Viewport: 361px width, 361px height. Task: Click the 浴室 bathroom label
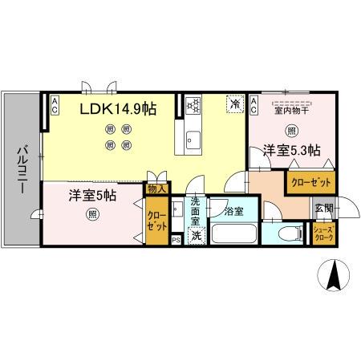(x=233, y=212)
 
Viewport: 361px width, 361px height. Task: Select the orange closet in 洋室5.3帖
(x=309, y=182)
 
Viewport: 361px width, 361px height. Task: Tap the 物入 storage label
(x=157, y=189)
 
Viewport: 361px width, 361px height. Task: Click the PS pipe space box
(x=176, y=239)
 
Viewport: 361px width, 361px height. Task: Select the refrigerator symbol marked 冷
(x=235, y=104)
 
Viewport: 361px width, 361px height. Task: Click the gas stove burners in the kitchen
(x=193, y=105)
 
